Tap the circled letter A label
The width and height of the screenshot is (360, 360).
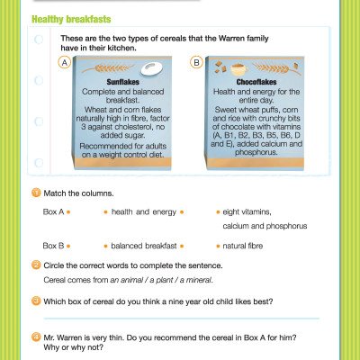65,61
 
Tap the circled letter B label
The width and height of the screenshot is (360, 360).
197,61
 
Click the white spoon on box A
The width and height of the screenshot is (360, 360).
151,67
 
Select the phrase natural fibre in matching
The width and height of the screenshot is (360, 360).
241,245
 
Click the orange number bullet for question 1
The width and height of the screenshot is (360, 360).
36,193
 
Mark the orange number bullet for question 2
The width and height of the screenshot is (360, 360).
36,265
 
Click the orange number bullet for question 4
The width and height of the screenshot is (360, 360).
36,337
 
